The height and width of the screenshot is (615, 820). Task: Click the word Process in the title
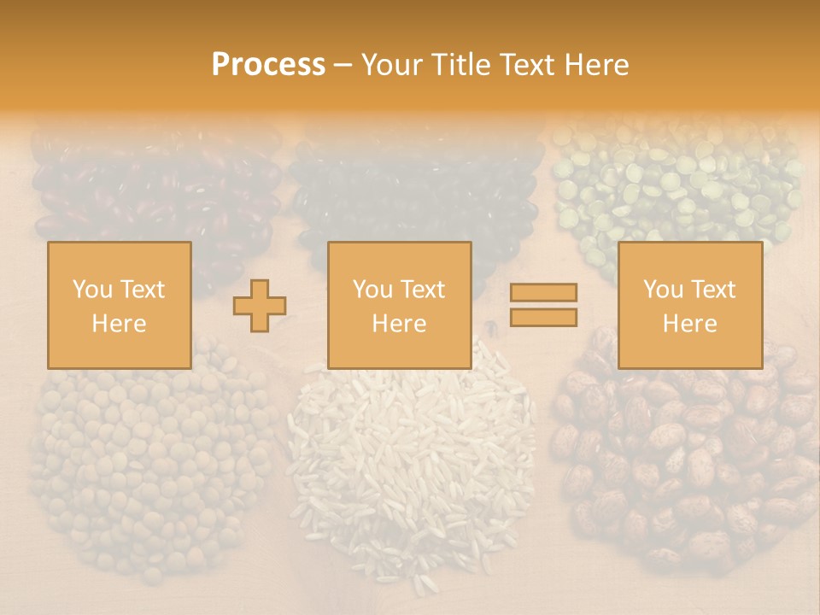(x=268, y=65)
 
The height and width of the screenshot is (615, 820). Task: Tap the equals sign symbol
(x=543, y=305)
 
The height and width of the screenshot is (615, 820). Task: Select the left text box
(x=120, y=305)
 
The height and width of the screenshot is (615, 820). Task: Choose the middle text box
(x=400, y=305)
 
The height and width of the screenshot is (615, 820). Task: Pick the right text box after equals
(x=690, y=305)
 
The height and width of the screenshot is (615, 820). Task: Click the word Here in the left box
(x=120, y=324)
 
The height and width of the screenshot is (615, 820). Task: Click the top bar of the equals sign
(x=543, y=293)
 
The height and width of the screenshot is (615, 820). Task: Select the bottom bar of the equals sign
(x=543, y=317)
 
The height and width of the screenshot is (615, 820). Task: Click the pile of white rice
(x=410, y=461)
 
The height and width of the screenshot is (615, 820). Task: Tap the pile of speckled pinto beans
(x=683, y=461)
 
